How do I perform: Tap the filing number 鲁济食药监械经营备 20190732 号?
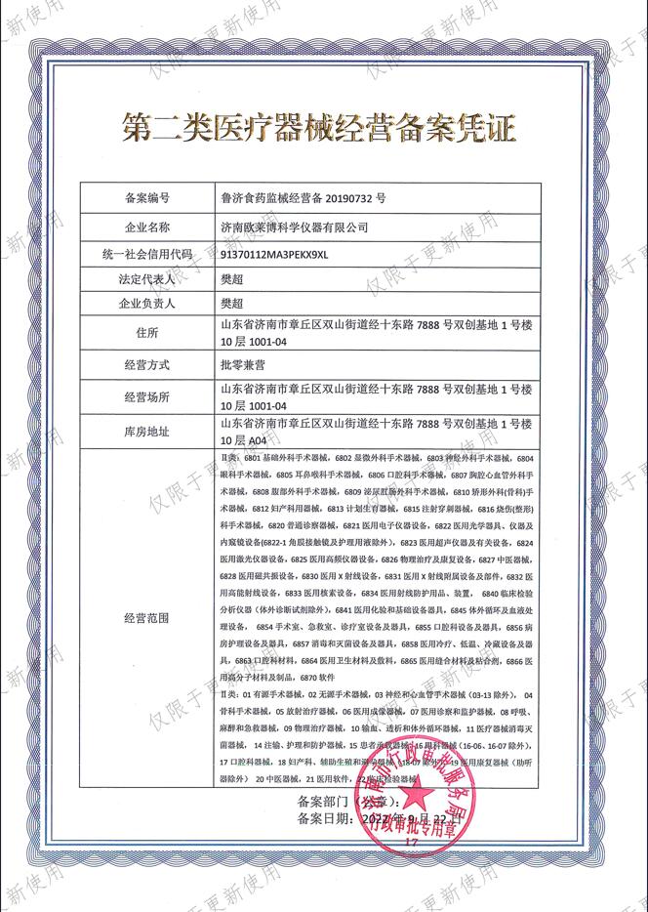point(304,198)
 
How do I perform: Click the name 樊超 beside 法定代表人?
point(233,279)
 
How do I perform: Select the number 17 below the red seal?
point(411,841)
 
